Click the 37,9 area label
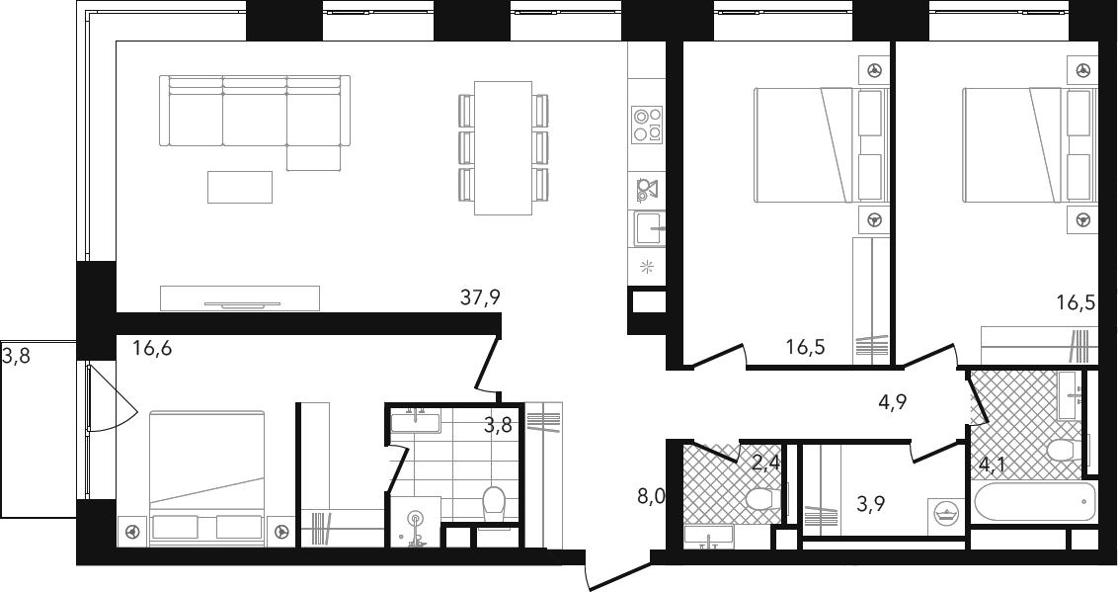tap(480, 298)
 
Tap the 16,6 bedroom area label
tap(152, 349)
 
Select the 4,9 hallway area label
tap(892, 402)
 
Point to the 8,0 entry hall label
tap(651, 496)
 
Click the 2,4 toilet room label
tap(766, 465)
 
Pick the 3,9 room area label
tap(870, 505)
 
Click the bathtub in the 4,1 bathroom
tap(1034, 502)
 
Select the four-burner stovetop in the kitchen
tap(647, 124)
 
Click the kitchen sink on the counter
tap(648, 229)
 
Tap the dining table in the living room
tap(503, 147)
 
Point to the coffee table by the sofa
tap(240, 187)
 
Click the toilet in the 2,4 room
tap(762, 498)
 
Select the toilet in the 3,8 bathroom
tap(494, 504)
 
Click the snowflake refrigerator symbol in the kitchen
tap(647, 268)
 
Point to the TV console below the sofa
tap(240, 298)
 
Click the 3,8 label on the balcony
tap(16, 355)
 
